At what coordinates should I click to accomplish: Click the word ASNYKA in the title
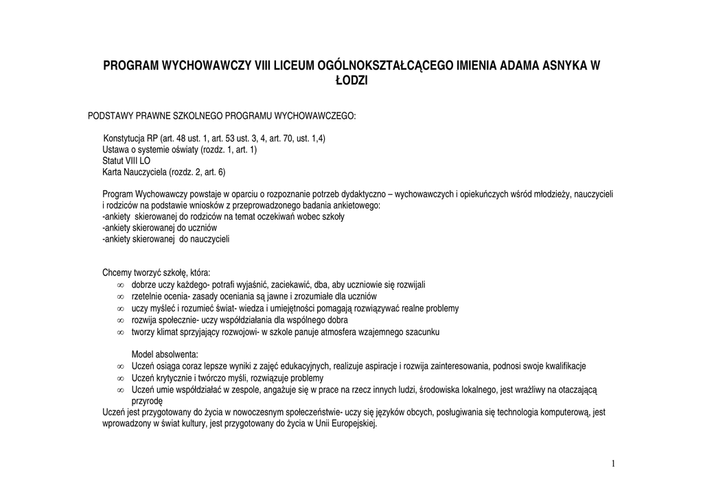(559, 67)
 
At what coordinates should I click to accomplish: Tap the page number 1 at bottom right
(613, 464)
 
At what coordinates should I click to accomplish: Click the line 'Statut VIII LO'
(126, 161)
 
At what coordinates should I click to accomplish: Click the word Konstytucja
(125, 138)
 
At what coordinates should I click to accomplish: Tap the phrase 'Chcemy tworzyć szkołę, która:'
(157, 273)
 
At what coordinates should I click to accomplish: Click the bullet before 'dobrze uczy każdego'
(120, 284)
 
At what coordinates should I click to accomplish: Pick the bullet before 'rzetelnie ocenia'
(120, 296)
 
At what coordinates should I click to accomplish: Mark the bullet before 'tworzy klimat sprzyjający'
(120, 332)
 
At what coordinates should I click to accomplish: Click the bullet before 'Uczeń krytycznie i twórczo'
(120, 378)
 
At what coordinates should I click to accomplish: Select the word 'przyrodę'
(147, 401)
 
